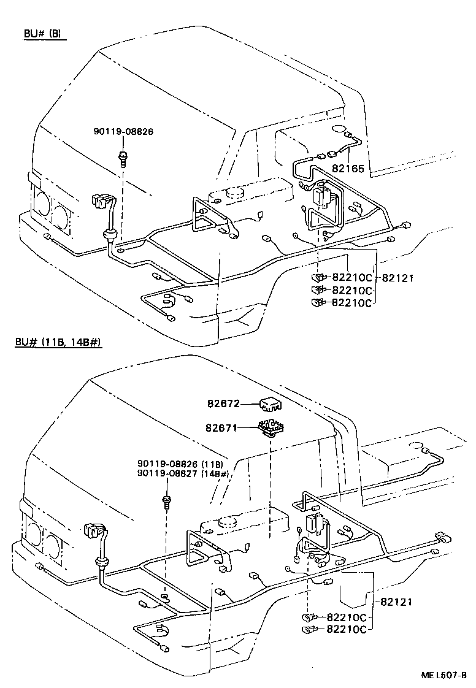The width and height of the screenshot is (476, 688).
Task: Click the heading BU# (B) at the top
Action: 42,34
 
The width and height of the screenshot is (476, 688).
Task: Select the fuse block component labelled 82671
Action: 270,427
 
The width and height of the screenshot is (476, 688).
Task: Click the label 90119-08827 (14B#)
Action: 183,474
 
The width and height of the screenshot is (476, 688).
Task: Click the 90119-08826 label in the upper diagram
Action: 123,131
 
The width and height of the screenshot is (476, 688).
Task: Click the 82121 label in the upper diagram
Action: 398,278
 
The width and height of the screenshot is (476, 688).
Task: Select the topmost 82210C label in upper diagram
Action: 352,278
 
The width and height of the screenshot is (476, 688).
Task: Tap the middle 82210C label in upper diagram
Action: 352,289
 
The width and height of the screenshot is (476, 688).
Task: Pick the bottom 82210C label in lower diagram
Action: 347,629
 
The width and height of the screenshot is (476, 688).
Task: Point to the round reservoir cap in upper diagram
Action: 235,192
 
